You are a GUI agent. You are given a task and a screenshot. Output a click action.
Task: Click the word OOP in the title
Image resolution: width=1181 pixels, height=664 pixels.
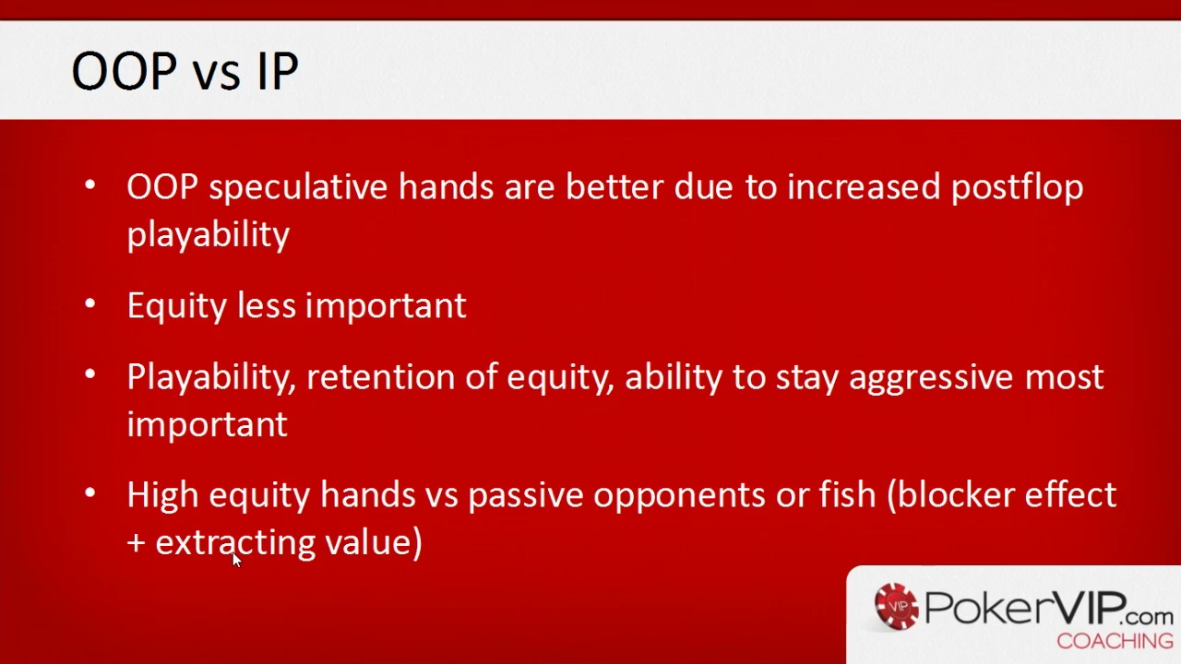[125, 71]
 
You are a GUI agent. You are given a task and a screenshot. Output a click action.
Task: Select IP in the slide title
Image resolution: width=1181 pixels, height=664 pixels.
[278, 71]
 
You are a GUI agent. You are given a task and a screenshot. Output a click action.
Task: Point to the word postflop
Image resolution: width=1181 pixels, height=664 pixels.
[1017, 187]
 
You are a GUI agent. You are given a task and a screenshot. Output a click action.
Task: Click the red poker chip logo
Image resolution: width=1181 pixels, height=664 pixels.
[896, 607]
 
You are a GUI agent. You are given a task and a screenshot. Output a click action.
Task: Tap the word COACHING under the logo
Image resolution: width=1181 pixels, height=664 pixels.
[1115, 641]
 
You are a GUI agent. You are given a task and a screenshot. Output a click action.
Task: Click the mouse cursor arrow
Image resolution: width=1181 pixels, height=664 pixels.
[237, 560]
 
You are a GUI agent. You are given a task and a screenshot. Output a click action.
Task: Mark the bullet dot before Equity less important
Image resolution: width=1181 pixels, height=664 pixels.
[90, 303]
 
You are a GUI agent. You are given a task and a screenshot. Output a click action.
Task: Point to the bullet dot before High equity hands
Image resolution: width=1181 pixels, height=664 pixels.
[90, 492]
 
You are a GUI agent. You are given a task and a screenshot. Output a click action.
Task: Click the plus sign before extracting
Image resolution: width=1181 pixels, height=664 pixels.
[136, 544]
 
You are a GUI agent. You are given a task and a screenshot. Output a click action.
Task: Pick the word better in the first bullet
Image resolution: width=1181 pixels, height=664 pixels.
[614, 187]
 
